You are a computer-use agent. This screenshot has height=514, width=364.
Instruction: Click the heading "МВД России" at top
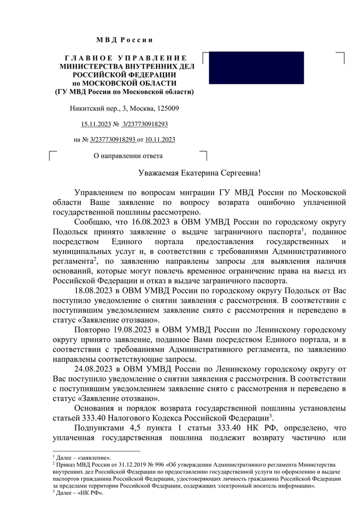125,41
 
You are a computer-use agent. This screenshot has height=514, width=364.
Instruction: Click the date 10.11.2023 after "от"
161,140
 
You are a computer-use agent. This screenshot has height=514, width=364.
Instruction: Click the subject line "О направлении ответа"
127,155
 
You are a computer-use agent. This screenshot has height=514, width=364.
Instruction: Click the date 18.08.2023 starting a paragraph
93,289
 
